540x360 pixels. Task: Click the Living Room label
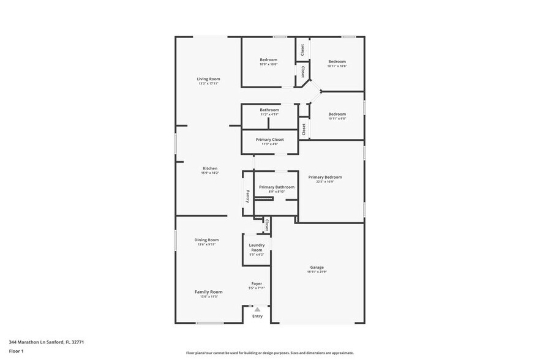[208, 79]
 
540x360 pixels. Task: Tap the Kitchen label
[210, 168]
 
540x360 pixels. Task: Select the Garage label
[317, 268]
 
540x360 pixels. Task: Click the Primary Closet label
[269, 140]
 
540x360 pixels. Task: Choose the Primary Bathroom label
[277, 187]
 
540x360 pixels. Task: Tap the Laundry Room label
[257, 247]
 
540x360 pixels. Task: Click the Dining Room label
[206, 239]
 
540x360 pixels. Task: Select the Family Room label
[208, 292]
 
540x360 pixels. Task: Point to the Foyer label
[257, 283]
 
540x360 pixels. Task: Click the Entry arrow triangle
[257, 310]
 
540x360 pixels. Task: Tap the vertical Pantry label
[248, 196]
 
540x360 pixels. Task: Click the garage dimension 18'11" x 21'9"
[317, 272]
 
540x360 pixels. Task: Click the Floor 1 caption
[16, 351]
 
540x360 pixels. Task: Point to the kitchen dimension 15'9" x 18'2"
[210, 173]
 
